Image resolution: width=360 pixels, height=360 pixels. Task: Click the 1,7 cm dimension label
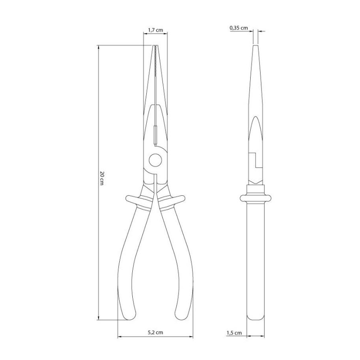155,30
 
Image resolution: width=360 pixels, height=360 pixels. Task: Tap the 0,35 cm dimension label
239,28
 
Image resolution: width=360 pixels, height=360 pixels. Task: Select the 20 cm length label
102,178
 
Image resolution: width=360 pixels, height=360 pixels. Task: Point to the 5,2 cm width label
155,332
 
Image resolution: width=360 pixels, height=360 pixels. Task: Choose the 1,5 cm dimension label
234,333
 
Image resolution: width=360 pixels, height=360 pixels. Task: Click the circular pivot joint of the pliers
155,160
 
